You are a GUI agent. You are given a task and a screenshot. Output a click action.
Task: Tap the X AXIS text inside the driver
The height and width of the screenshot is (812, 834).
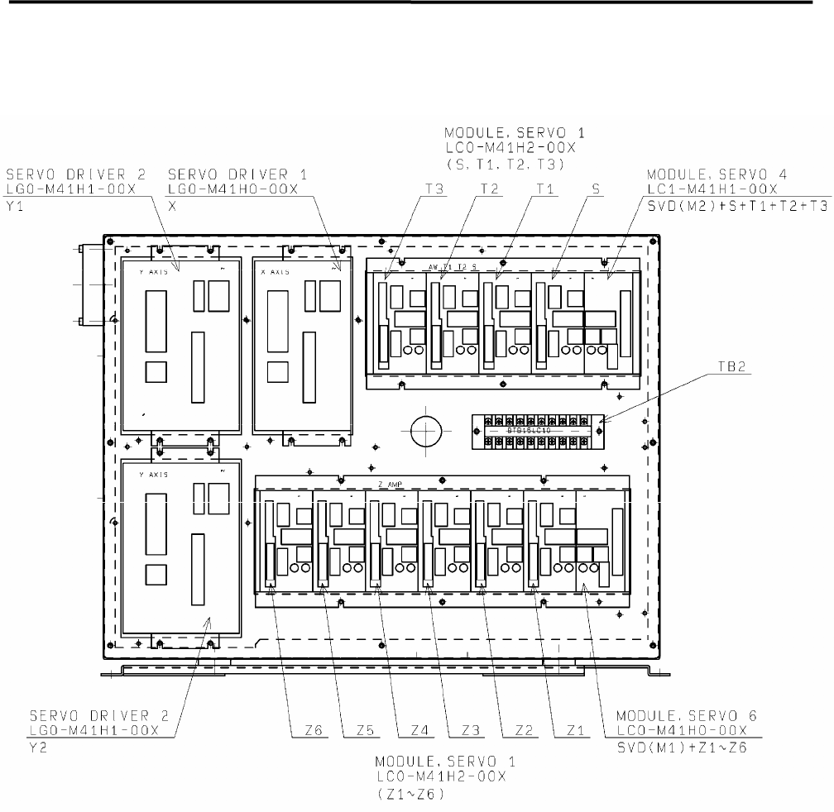tap(280, 270)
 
